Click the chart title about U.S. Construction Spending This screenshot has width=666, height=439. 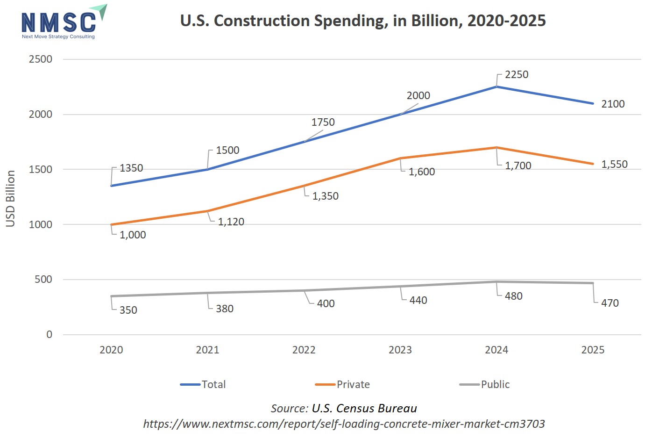pyautogui.click(x=363, y=21)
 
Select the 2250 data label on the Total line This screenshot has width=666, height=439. pyautogui.click(x=517, y=75)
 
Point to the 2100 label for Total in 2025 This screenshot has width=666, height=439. pyautogui.click(x=613, y=104)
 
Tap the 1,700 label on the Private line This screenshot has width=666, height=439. pyautogui.click(x=518, y=166)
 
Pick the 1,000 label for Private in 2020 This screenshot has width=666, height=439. pyautogui.click(x=133, y=235)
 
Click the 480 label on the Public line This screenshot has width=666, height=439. pyautogui.click(x=513, y=296)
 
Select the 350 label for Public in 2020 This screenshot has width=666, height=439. pyautogui.click(x=128, y=310)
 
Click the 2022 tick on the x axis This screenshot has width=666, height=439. pyautogui.click(x=304, y=350)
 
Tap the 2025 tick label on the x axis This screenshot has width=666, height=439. pyautogui.click(x=593, y=350)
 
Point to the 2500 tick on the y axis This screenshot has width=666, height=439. pyautogui.click(x=41, y=59)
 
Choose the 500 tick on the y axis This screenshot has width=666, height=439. pyautogui.click(x=43, y=280)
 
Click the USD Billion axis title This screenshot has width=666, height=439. pyautogui.click(x=11, y=199)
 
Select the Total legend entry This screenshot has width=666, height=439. pyautogui.click(x=204, y=385)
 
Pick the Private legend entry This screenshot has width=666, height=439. pyautogui.click(x=343, y=385)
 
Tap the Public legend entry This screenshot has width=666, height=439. pyautogui.click(x=485, y=385)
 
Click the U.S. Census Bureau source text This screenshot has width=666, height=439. pyautogui.click(x=364, y=409)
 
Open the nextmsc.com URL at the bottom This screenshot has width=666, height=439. pyautogui.click(x=344, y=424)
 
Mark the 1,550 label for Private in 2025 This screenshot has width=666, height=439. pyautogui.click(x=614, y=165)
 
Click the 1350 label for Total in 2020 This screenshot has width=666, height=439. pyautogui.click(x=131, y=168)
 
